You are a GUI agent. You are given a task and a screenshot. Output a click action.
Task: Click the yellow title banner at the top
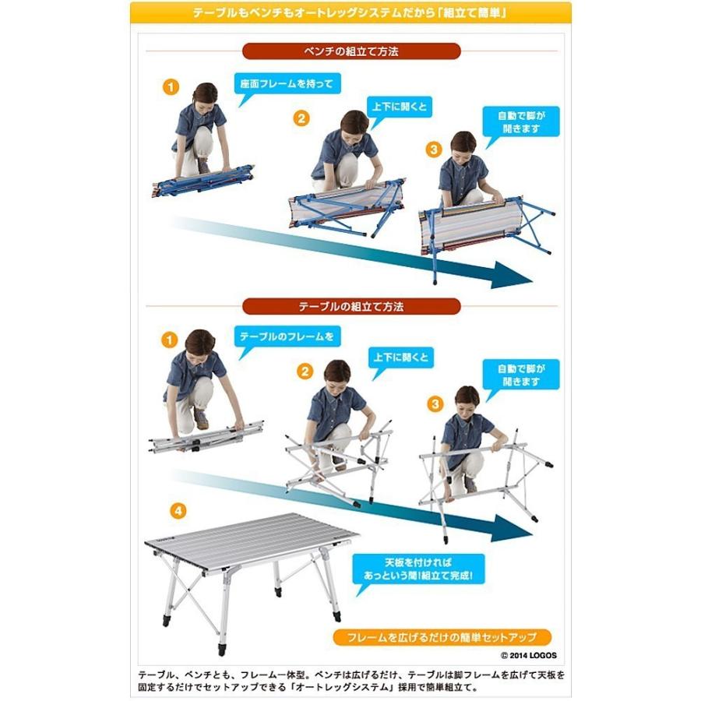350,12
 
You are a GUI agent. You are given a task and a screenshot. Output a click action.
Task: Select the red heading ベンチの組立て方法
351,51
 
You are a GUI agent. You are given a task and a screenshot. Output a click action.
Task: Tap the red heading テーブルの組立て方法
351,307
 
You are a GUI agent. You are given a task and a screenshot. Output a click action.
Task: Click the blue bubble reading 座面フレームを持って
287,83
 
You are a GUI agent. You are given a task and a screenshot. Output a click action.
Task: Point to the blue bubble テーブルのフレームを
287,336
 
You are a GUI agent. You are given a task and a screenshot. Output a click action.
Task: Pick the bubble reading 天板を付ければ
418,569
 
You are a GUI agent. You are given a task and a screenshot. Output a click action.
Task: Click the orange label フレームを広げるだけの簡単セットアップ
442,636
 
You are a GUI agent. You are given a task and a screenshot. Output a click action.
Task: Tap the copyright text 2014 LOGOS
529,655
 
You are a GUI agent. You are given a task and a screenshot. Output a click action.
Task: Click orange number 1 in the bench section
171,86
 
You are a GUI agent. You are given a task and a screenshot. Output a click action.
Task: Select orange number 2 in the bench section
301,118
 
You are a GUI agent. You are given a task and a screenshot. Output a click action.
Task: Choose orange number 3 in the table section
435,404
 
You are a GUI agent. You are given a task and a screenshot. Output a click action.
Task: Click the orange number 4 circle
178,510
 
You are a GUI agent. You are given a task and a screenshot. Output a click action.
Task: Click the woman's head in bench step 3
463,144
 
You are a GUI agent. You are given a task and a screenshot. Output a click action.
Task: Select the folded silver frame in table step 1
206,436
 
